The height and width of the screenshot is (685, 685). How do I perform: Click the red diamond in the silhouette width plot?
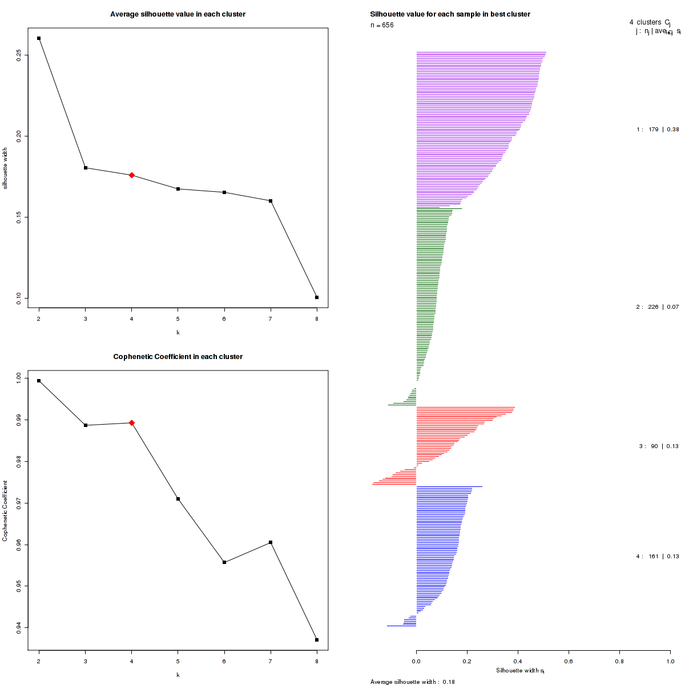[x=132, y=175]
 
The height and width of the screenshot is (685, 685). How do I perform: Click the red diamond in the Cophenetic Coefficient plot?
[x=132, y=423]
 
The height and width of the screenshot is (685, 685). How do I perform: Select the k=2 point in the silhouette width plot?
[x=39, y=38]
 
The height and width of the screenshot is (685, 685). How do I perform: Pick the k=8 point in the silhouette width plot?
[x=317, y=297]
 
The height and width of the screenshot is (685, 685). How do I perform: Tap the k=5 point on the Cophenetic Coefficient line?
[x=178, y=499]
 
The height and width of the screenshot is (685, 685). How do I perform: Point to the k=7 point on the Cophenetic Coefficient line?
[x=271, y=542]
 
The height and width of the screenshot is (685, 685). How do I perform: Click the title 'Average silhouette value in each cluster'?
[x=178, y=14]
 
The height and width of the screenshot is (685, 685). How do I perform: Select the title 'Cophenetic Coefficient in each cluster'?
[x=178, y=357]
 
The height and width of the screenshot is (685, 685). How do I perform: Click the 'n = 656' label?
[x=382, y=25]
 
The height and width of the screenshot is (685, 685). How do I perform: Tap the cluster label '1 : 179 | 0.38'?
[x=658, y=130]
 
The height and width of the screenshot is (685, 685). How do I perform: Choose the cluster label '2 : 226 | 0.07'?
[x=658, y=307]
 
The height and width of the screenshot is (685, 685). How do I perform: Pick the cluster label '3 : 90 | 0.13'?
[x=659, y=446]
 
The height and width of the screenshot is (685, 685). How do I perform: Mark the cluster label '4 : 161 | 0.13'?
[x=658, y=557]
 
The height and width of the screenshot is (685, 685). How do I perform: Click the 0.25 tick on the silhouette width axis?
[x=19, y=55]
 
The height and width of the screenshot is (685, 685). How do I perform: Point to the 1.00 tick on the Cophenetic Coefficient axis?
[x=19, y=378]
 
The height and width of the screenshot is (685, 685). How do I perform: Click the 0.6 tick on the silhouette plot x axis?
[x=569, y=661]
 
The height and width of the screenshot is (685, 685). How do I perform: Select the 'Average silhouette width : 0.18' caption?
[x=412, y=682]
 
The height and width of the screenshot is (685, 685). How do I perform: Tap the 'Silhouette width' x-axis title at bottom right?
[x=520, y=671]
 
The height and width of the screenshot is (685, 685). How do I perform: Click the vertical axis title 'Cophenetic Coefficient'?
[x=5, y=511]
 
